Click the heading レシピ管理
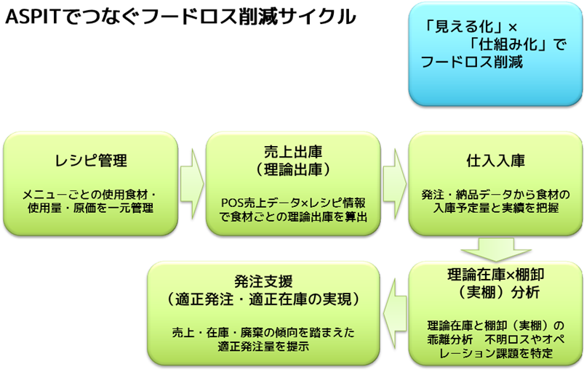pos(91,161)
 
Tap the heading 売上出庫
pos(293,152)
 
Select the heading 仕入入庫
pos(495,161)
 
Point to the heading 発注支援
pos(263,280)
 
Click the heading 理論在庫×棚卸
pos(495,276)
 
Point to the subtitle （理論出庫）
pos(293,170)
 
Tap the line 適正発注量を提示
pos(263,347)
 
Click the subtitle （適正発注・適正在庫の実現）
pos(263,299)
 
